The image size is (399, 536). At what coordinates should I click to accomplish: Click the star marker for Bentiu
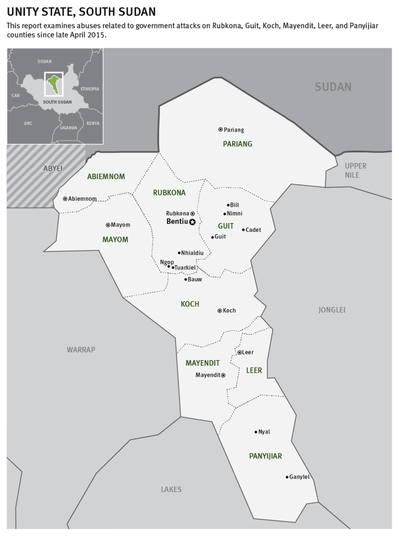click(x=192, y=222)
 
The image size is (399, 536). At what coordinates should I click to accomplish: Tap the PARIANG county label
click(x=237, y=144)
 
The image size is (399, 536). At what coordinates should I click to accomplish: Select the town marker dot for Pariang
click(x=220, y=129)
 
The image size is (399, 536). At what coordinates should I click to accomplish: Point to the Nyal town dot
click(x=256, y=431)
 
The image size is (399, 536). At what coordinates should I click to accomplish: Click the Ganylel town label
click(x=299, y=477)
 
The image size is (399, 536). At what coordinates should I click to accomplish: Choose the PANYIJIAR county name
click(x=265, y=456)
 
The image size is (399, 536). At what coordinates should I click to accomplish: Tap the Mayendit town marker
click(x=223, y=375)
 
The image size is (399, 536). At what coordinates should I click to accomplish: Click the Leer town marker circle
click(x=240, y=352)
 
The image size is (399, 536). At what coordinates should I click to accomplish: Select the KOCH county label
click(x=190, y=304)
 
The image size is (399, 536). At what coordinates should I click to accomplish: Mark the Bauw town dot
click(x=186, y=279)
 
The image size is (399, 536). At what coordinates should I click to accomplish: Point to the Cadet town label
click(x=253, y=230)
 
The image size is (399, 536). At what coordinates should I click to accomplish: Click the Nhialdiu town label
click(x=192, y=253)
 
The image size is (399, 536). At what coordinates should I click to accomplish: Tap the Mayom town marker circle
click(x=108, y=225)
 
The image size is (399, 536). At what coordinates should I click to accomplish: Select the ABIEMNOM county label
click(x=106, y=177)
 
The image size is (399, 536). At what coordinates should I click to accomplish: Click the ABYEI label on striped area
click(x=53, y=169)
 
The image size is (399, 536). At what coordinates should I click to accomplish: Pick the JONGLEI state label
click(x=332, y=310)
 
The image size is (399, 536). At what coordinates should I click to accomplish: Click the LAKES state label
click(x=171, y=489)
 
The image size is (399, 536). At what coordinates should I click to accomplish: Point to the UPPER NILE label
click(x=356, y=170)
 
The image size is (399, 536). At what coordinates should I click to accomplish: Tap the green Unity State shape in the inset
click(x=53, y=83)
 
